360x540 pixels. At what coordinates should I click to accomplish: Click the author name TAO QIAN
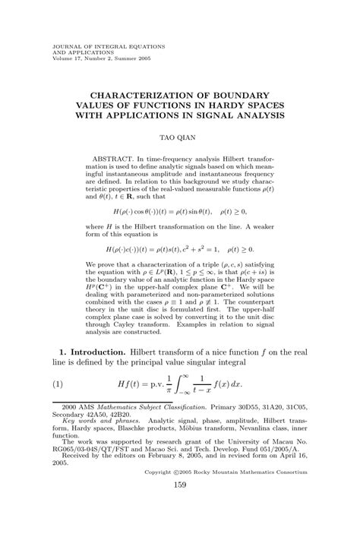pos(180,139)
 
